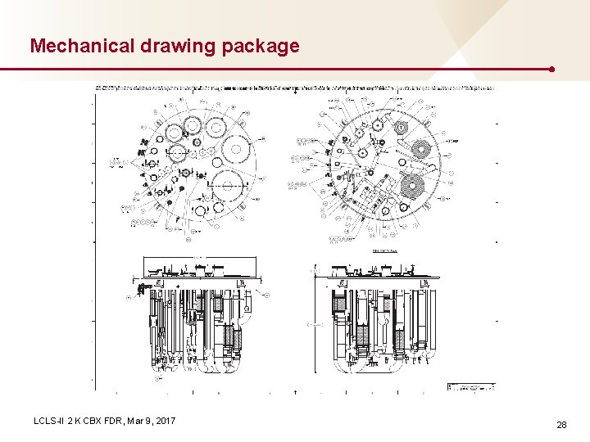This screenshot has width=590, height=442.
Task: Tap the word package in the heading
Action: click(x=261, y=47)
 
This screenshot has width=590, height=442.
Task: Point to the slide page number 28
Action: click(x=561, y=425)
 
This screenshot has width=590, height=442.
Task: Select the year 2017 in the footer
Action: click(x=164, y=421)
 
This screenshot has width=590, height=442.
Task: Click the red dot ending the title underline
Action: click(x=554, y=70)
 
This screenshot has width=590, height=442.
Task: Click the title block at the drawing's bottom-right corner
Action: click(x=471, y=386)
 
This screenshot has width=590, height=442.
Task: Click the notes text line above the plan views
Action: click(x=295, y=86)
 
